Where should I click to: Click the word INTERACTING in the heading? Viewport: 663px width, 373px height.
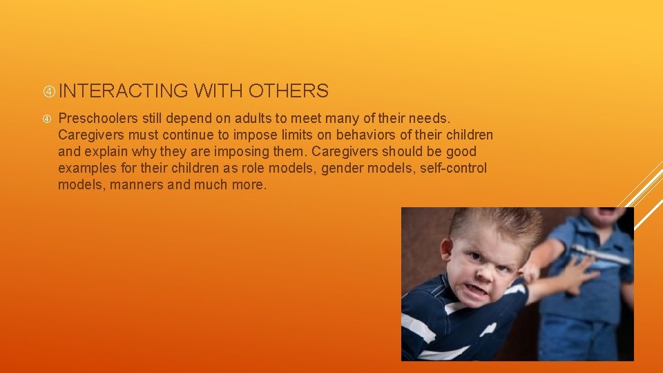point(123,90)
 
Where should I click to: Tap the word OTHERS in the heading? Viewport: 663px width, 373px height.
point(288,90)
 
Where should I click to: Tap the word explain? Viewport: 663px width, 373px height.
point(107,151)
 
